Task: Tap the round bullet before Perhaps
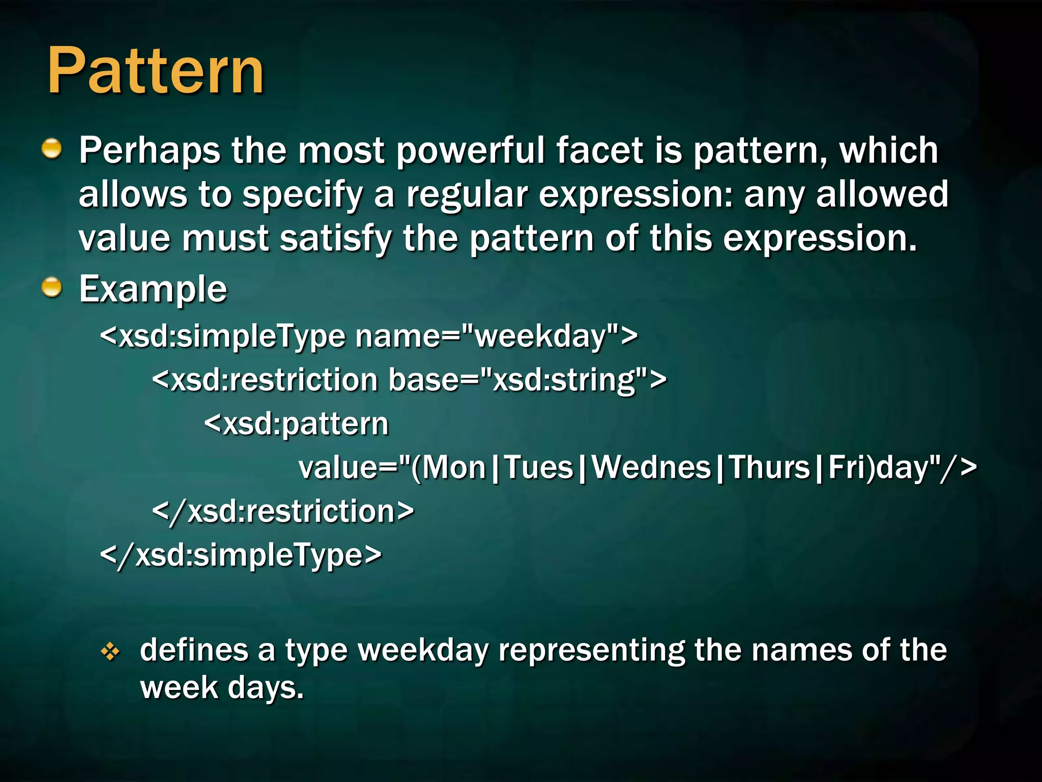(x=51, y=149)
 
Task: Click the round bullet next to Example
(x=51, y=288)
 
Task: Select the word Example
(x=153, y=289)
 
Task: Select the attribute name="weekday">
(x=496, y=336)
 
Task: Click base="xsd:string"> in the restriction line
(x=527, y=380)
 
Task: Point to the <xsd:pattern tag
(x=296, y=424)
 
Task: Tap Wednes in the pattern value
(x=651, y=467)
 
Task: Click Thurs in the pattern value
(x=769, y=467)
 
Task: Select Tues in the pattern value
(x=538, y=467)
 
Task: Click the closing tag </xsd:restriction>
(x=283, y=511)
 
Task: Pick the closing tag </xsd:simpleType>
(x=241, y=555)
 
